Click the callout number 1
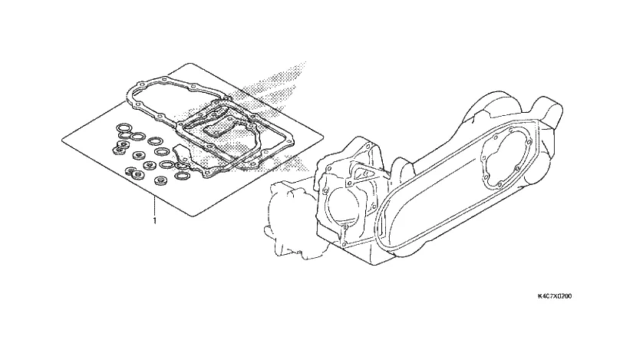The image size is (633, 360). point(155,220)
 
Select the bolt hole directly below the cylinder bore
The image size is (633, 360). point(347,228)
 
